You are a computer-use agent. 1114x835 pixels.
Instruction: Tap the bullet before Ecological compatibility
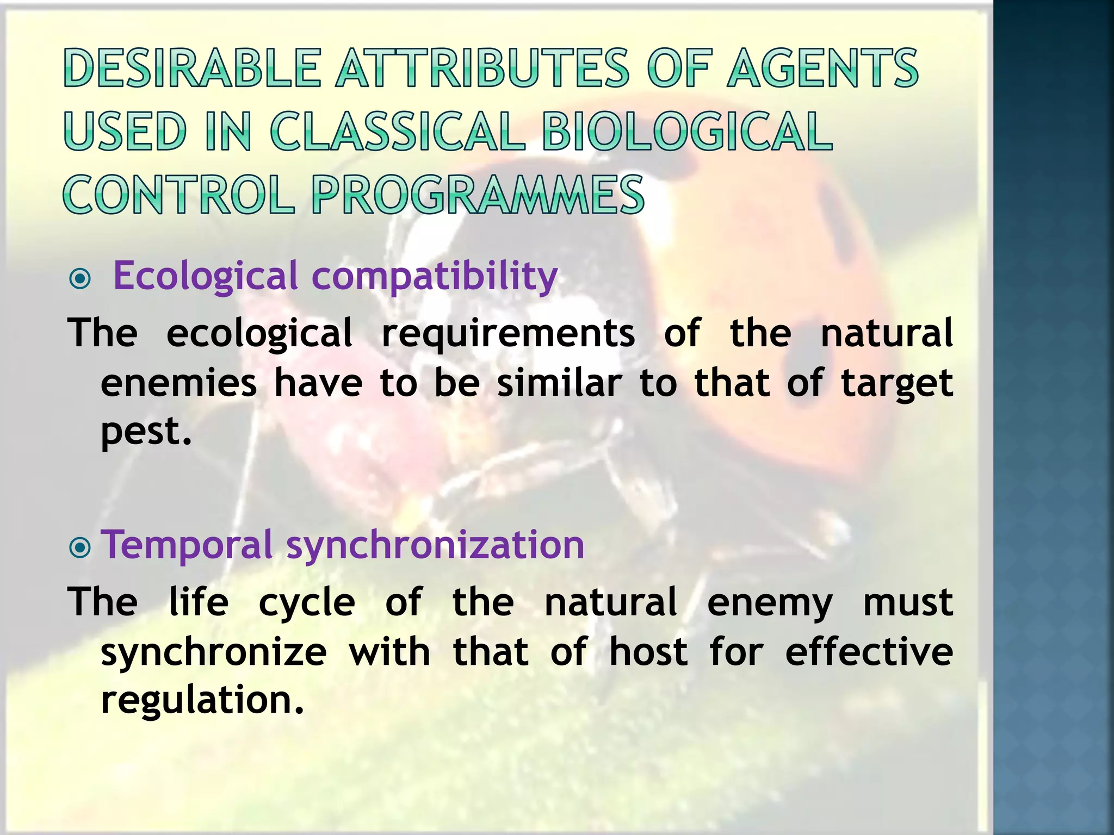(x=81, y=279)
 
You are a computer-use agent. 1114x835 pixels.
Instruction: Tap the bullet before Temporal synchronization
(x=81, y=548)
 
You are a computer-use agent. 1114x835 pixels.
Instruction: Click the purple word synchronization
(x=435, y=545)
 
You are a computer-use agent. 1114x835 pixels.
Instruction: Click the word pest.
(x=146, y=432)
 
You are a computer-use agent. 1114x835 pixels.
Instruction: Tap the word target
(x=897, y=384)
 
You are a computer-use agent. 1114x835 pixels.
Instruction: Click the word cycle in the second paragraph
(x=307, y=603)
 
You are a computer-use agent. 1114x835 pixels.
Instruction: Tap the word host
(x=648, y=652)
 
